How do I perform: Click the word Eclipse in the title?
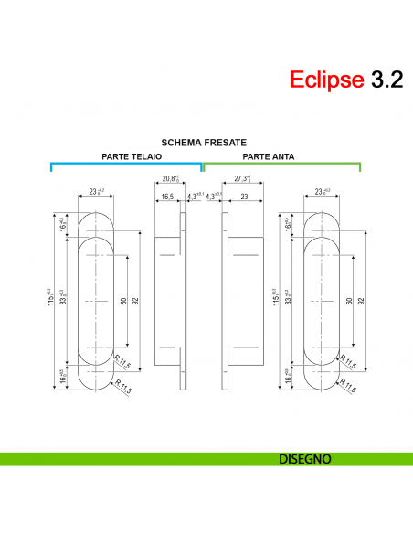(x=327, y=80)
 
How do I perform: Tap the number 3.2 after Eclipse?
(x=386, y=80)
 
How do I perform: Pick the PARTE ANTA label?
(x=268, y=156)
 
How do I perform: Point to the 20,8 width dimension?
(x=170, y=179)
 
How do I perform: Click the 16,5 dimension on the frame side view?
(x=167, y=196)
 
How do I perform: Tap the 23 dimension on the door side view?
(x=244, y=196)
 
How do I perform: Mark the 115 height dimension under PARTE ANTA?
(x=274, y=298)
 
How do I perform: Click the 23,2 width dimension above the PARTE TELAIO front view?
(x=96, y=192)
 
